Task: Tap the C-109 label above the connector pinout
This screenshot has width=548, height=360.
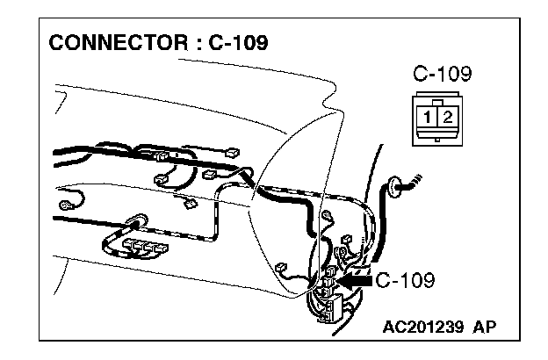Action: pos(441,75)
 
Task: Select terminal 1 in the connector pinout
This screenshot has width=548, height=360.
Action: pos(425,116)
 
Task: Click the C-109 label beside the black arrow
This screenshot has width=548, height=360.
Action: pos(405,281)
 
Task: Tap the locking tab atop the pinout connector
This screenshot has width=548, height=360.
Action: pos(436,98)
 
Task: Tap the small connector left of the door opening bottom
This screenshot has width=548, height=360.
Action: pos(280,268)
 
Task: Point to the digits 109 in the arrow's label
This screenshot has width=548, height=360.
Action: pos(417,281)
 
